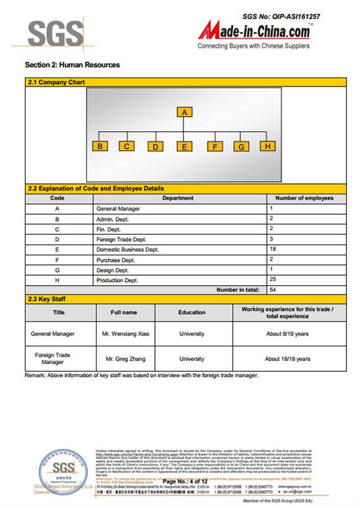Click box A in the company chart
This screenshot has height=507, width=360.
click(185, 112)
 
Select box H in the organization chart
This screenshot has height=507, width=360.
click(267, 146)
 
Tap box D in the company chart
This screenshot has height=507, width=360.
click(156, 147)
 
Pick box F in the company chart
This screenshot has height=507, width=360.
click(215, 147)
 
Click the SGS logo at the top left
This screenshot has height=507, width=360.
click(55, 33)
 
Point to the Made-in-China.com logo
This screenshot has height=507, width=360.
click(254, 33)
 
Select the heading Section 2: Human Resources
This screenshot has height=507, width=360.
click(72, 65)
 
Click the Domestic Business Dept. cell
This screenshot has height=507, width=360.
click(127, 249)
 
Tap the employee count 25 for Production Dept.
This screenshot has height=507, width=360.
click(273, 279)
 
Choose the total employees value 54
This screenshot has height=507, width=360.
click(273, 289)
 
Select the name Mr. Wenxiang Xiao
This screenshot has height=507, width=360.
click(126, 334)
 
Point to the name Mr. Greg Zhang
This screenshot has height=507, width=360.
click(126, 359)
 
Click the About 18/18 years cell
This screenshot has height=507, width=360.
click(287, 359)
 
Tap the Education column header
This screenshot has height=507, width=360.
click(192, 312)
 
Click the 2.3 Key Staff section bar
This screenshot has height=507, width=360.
click(186, 299)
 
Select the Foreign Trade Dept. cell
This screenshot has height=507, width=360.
click(121, 239)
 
